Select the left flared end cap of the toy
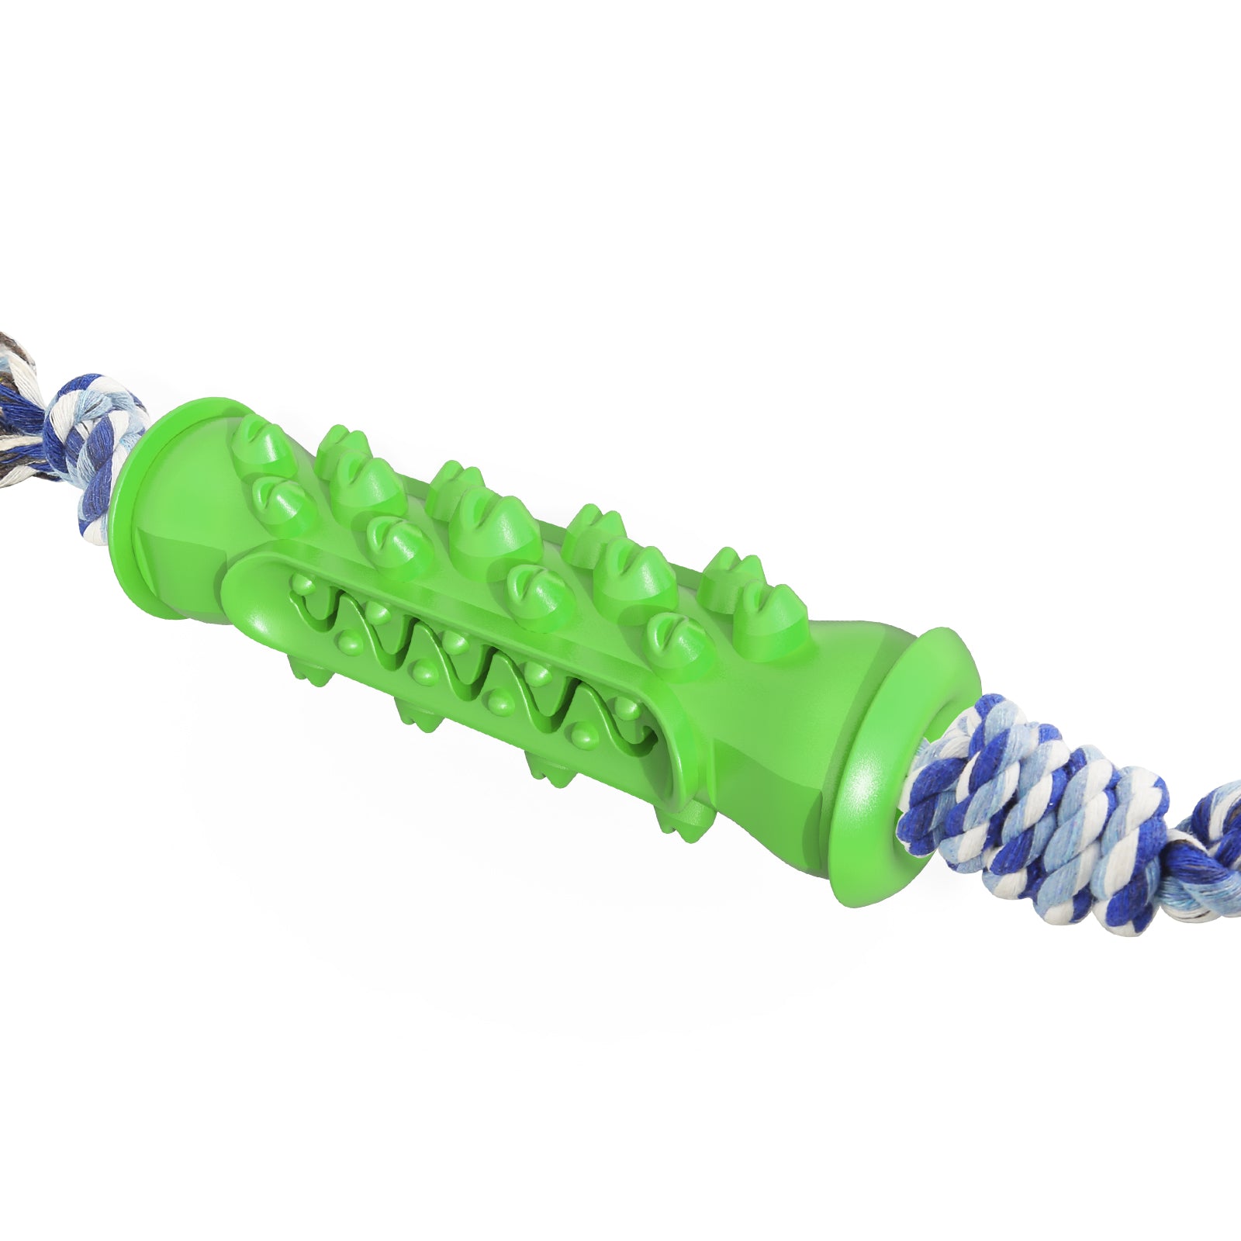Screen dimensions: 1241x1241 147,496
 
